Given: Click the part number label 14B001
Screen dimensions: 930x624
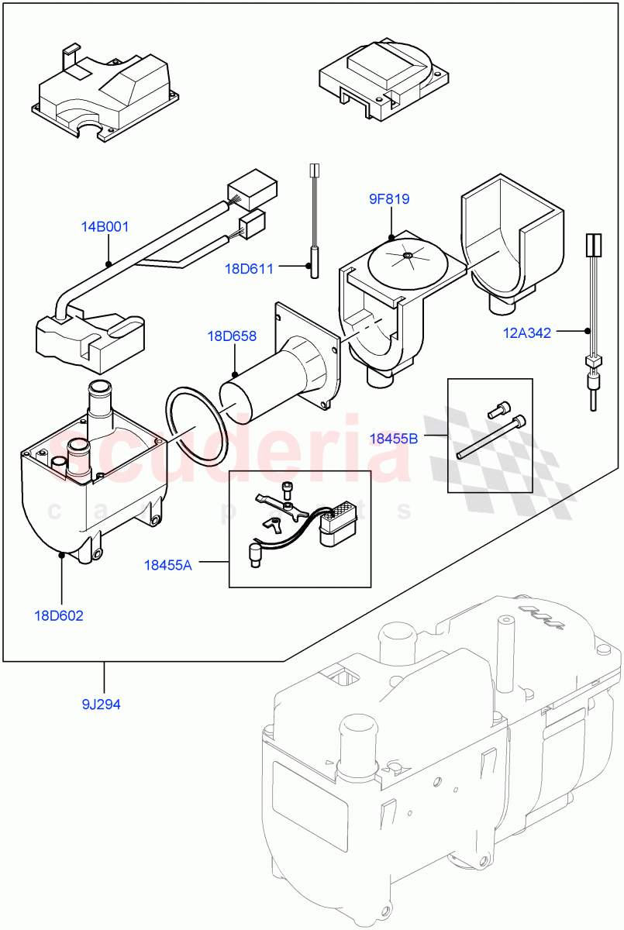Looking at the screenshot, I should click(105, 227).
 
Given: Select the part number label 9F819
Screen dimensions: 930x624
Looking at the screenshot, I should click(388, 199).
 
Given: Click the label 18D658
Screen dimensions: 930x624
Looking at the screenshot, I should click(231, 336).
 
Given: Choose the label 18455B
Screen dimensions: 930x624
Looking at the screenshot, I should click(393, 439).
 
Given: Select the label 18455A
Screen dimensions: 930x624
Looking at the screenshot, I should click(167, 565).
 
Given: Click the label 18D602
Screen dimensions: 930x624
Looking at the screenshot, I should click(58, 616).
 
